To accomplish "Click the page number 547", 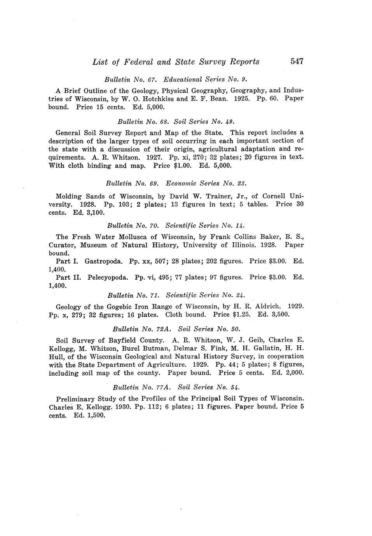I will tap(296, 61).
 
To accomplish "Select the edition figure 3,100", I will tap(95, 212).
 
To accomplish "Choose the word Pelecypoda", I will tap(108, 277).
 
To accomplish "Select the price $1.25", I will tap(241, 315).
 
